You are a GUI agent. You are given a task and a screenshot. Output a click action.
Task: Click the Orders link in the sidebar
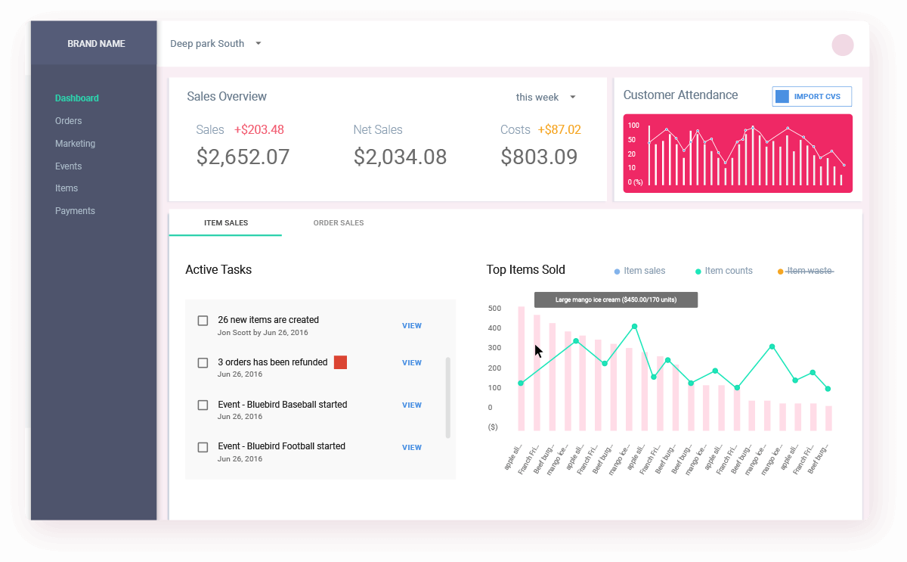point(68,121)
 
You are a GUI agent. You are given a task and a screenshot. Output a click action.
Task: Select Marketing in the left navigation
point(75,144)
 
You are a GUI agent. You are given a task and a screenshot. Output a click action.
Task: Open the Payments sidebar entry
point(75,211)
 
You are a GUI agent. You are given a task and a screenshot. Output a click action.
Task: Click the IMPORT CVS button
point(812,97)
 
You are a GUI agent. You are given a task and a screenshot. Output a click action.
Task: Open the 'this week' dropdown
point(546,97)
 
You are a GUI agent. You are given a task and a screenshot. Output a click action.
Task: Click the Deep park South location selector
point(215,44)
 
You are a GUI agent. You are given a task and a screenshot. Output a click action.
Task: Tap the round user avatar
point(843,45)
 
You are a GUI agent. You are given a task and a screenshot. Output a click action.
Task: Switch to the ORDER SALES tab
point(339,223)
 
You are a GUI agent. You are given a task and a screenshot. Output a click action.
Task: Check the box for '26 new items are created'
point(203,321)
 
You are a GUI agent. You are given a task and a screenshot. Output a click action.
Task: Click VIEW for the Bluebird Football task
point(412,448)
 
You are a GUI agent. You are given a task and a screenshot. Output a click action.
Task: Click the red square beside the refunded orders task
point(341,362)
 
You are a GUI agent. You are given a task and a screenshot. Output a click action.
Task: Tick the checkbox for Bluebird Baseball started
point(203,405)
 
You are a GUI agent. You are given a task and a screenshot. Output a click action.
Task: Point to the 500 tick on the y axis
point(494,309)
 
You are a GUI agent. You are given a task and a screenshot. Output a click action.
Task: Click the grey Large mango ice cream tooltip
point(615,300)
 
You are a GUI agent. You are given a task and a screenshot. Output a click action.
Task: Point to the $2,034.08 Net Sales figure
point(400,157)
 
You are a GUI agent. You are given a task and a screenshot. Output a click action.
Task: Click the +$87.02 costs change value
point(559,130)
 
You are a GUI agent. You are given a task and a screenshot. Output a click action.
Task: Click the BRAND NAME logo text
point(96,44)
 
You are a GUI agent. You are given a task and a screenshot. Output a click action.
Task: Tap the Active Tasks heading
point(218,270)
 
